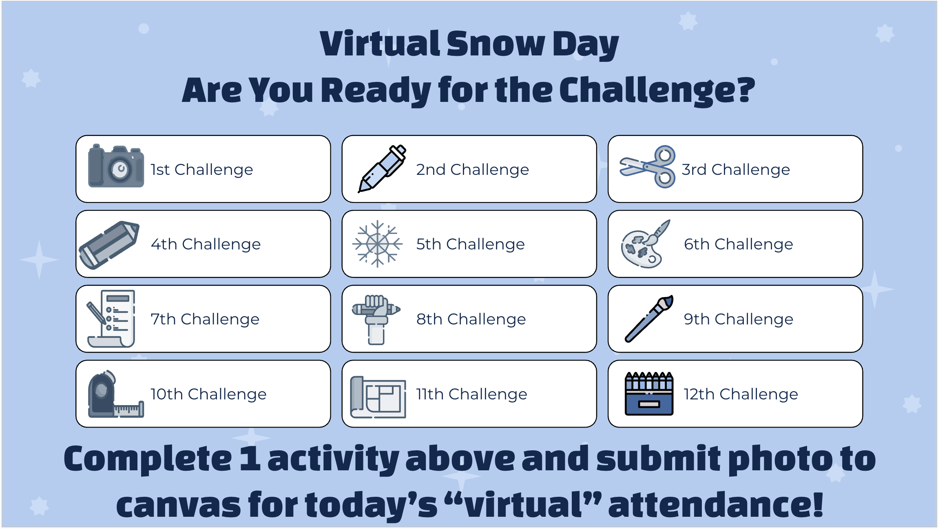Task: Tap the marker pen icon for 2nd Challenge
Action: [x=382, y=168]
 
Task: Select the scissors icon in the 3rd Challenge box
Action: [x=648, y=167]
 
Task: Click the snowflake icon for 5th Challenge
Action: [x=378, y=244]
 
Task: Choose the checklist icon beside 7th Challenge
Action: [x=111, y=319]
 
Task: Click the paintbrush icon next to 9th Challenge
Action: [x=649, y=319]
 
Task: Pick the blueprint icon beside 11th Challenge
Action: [x=378, y=397]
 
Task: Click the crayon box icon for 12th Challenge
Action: [x=649, y=394]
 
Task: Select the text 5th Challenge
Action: [x=470, y=244]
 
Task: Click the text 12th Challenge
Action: [x=741, y=394]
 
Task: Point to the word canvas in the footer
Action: [x=179, y=505]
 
